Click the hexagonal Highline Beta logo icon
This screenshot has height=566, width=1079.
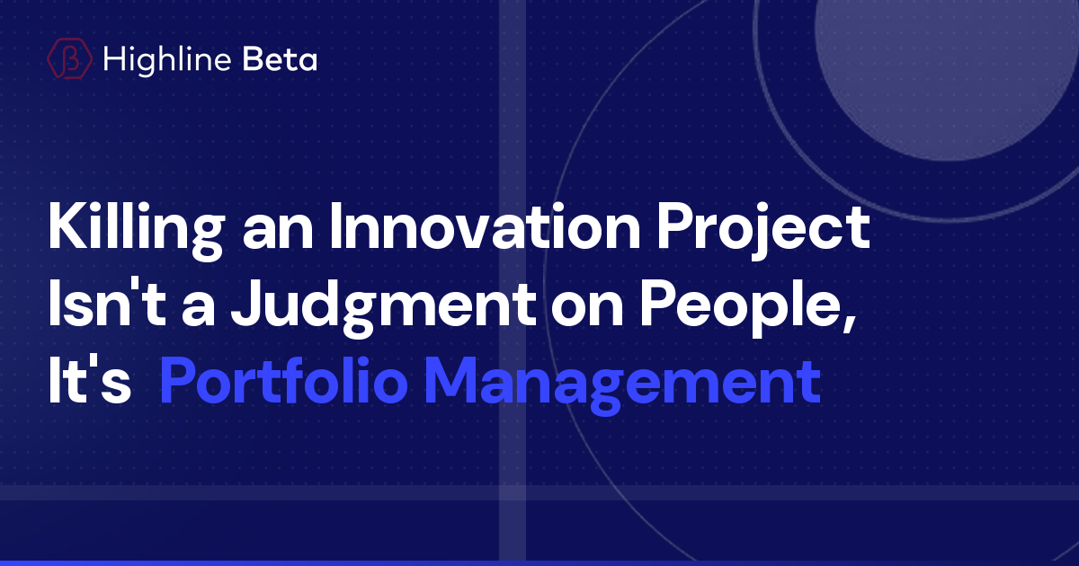(69, 59)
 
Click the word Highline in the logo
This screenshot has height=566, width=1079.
(169, 59)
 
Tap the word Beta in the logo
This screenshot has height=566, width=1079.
(280, 59)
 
